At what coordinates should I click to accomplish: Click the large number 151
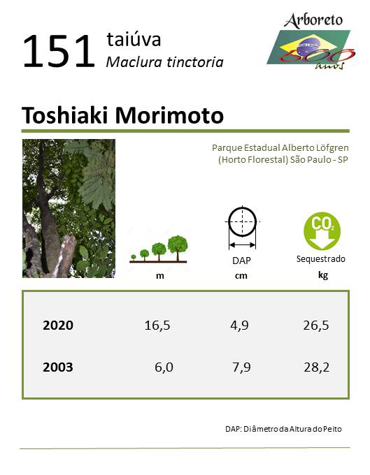coord(59,51)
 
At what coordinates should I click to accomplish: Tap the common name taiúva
coord(134,39)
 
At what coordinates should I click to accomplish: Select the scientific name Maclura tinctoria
coord(164,62)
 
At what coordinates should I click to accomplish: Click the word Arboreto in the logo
coord(313,20)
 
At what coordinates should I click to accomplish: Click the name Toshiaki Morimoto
coord(122,115)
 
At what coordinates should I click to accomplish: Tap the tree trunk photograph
coord(69,208)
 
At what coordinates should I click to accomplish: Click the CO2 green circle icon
coord(322,231)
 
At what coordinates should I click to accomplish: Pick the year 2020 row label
coord(58,325)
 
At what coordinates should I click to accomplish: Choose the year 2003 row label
coord(58,367)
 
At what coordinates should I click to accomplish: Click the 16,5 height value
coord(157,326)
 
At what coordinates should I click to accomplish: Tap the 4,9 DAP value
coord(239,326)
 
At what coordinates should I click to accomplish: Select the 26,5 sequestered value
coord(316,326)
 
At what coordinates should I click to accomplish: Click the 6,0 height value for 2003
coord(164,367)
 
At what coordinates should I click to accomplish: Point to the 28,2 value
coord(316,367)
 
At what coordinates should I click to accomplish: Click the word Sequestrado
coord(321,259)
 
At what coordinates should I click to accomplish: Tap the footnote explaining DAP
coord(283,429)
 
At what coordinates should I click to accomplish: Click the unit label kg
coord(323,275)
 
